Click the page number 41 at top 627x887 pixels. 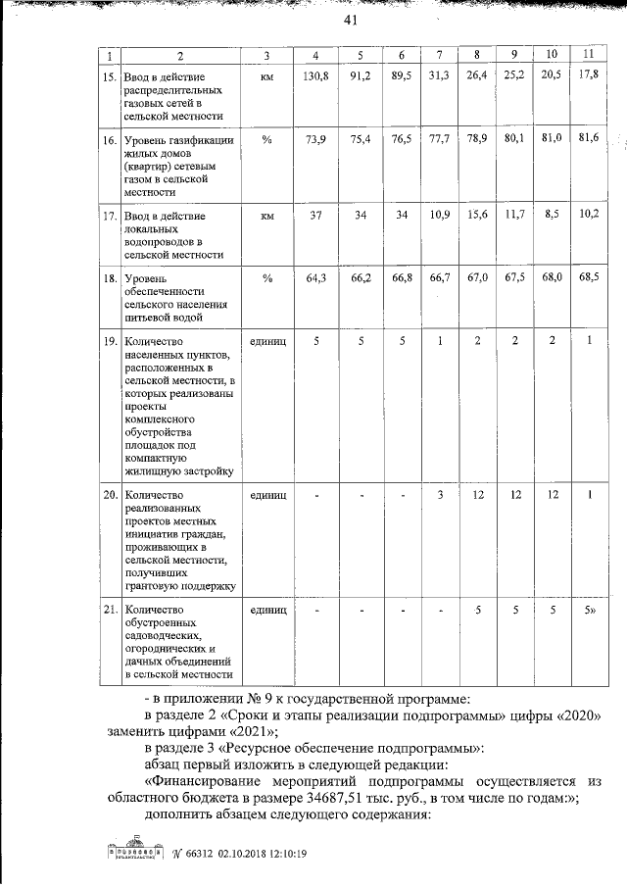pyautogui.click(x=349, y=22)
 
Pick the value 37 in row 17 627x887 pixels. pyautogui.click(x=314, y=215)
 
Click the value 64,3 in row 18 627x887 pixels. pyautogui.click(x=314, y=279)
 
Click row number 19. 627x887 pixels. pyautogui.click(x=110, y=341)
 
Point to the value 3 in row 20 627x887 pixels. pyautogui.click(x=438, y=494)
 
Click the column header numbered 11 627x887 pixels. pyautogui.click(x=589, y=52)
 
